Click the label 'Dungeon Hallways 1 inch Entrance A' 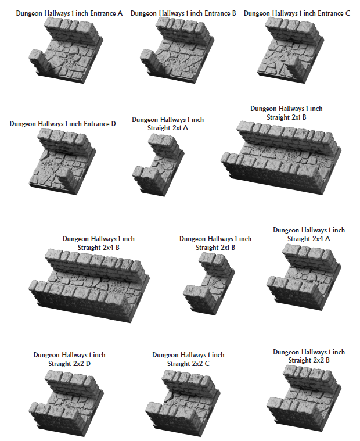pos(70,13)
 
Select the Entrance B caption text pos(183,13)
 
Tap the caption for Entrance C pos(297,13)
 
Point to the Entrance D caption pos(63,124)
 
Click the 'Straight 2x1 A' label pos(168,124)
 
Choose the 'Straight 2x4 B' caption pos(99,243)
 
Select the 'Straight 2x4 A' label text pos(309,235)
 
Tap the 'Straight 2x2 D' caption pos(70,359)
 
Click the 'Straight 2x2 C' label pos(188,359)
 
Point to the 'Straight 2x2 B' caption pos(309,356)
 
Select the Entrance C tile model pos(293,46)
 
